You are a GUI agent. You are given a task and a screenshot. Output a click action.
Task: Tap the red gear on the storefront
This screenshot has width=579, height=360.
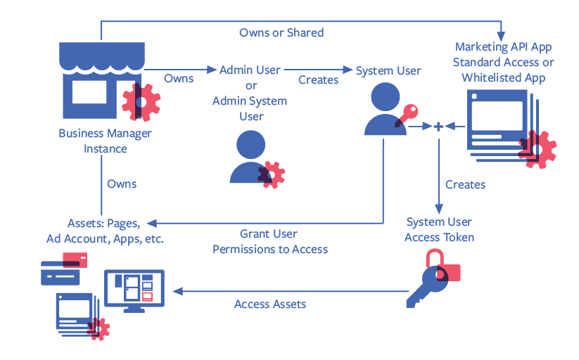(x=141, y=102)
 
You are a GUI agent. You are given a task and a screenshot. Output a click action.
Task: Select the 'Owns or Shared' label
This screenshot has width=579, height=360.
(x=281, y=32)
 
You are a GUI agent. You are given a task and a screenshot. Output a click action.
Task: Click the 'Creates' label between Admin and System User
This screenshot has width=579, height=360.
(x=318, y=79)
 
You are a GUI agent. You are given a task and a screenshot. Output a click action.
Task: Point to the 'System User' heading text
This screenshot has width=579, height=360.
(x=388, y=70)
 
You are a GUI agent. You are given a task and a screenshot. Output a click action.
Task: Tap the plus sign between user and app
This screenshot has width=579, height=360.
(x=438, y=127)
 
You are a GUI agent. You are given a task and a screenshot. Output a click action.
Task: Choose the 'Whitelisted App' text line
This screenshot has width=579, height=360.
(x=504, y=77)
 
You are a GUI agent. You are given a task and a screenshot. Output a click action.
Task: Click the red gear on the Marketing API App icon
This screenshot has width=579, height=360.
(x=538, y=148)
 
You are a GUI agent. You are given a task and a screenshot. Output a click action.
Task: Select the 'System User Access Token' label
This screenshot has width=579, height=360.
(x=440, y=229)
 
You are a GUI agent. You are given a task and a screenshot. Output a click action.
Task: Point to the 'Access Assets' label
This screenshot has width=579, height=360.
(x=270, y=304)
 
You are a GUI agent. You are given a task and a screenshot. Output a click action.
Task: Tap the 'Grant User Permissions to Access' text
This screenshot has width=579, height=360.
(x=270, y=241)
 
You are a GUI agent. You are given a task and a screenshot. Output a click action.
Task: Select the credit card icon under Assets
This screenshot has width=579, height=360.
(x=63, y=271)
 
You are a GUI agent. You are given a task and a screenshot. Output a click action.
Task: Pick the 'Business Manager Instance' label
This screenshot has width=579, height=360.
(x=106, y=141)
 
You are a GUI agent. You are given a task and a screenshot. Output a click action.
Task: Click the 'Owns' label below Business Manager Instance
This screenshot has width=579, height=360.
(x=122, y=184)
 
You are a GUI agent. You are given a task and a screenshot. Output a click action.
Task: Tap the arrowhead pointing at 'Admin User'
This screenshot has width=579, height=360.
(x=212, y=70)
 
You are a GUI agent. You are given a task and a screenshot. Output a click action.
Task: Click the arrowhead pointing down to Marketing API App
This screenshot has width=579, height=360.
(x=502, y=35)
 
